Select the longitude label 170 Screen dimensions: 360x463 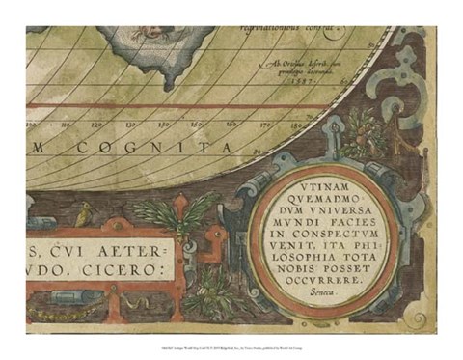260,124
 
